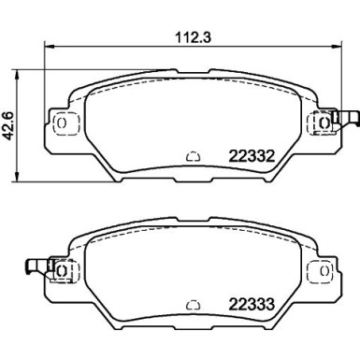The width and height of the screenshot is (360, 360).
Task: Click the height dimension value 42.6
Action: pyautogui.click(x=11, y=122)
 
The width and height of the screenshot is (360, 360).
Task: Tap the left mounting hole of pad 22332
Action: pyautogui.click(x=64, y=122)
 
